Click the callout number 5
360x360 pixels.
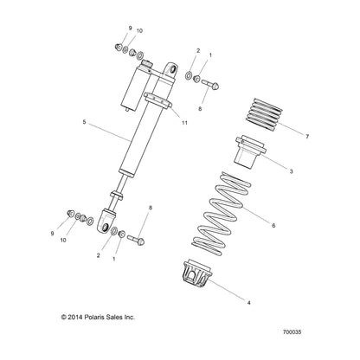click(84, 123)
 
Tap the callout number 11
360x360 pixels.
click(184, 122)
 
